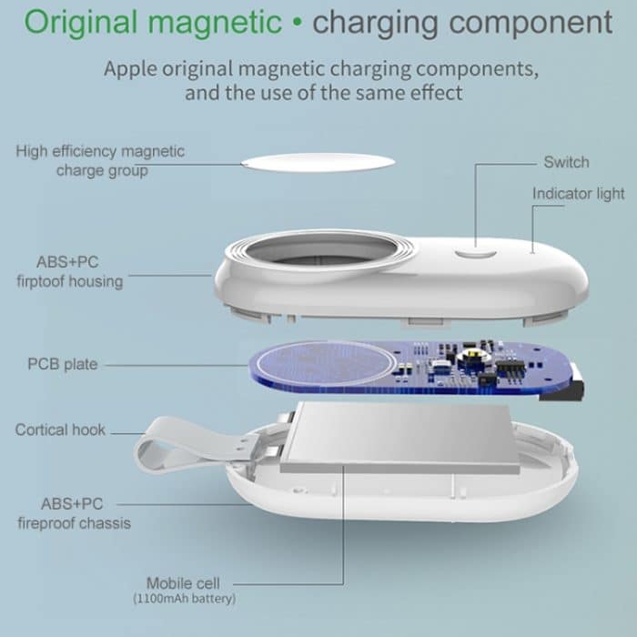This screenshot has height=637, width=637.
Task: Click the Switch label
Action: (x=566, y=163)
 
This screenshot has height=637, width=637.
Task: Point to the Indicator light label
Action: (x=578, y=194)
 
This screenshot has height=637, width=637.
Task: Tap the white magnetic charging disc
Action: (x=318, y=163)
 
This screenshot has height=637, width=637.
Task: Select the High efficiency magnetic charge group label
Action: (x=100, y=160)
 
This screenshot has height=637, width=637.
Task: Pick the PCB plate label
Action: (x=63, y=365)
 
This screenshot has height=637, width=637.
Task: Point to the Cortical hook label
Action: (x=60, y=430)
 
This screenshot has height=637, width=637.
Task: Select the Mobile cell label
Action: (x=183, y=582)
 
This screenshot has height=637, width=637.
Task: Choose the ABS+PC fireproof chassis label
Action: (x=73, y=512)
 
